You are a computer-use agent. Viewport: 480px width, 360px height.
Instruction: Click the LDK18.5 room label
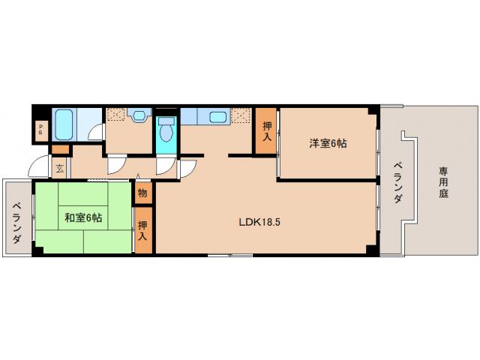(259, 222)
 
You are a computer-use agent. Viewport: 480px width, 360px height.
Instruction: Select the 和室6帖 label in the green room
(83, 217)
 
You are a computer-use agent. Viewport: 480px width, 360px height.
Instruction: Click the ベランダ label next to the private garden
(398, 182)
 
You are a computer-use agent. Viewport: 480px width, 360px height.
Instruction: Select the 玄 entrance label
(59, 168)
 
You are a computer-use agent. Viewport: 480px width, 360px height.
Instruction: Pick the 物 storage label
(142, 192)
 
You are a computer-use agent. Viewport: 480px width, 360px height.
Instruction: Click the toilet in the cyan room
(166, 133)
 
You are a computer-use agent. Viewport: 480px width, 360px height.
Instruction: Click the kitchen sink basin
(218, 117)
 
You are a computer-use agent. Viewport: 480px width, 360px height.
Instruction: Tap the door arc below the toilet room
(164, 166)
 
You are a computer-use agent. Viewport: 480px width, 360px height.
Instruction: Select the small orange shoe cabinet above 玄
(60, 150)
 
